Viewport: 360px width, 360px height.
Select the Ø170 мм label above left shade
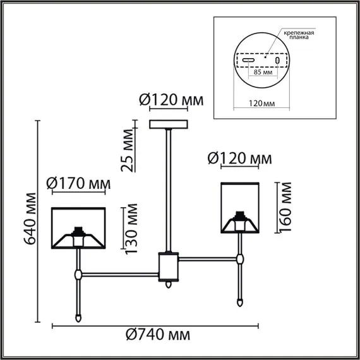pyautogui.click(x=78, y=184)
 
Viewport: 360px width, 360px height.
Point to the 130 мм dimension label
pyautogui.click(x=131, y=228)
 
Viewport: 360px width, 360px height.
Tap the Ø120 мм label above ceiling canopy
pyautogui.click(x=168, y=100)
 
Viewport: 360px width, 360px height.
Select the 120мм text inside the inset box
pyautogui.click(x=259, y=101)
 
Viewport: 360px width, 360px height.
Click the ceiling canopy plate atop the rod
pyautogui.click(x=169, y=123)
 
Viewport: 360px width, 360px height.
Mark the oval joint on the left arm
pyautogui.click(x=78, y=275)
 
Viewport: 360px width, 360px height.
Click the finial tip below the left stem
pyautogui.click(x=78, y=318)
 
